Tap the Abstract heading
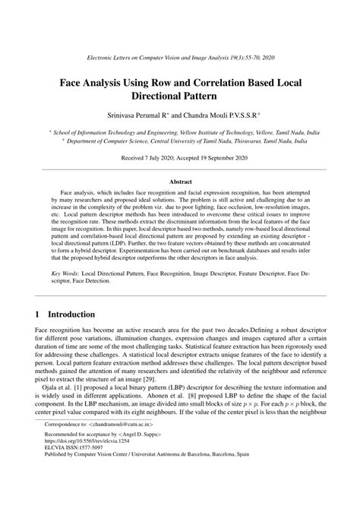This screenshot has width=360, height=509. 180,182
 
